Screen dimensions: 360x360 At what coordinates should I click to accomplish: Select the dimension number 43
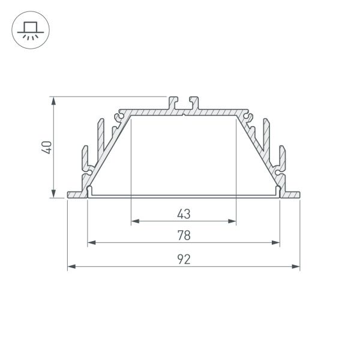(184, 214)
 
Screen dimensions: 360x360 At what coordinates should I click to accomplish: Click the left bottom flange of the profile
(77, 194)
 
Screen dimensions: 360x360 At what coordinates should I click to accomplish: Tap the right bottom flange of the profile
(290, 194)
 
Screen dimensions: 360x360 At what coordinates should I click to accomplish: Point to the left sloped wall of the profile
(108, 150)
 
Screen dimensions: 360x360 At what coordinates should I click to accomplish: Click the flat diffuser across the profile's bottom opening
(184, 196)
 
